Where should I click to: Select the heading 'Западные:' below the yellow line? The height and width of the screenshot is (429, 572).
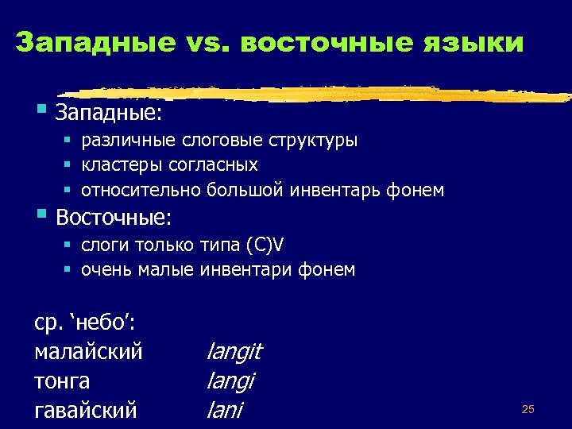(x=109, y=113)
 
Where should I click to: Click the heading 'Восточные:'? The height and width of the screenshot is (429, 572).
(x=114, y=216)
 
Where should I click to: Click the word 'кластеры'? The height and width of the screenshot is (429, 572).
(x=117, y=165)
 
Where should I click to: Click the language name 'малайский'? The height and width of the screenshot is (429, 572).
(x=89, y=352)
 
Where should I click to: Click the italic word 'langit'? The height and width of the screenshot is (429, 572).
(x=234, y=352)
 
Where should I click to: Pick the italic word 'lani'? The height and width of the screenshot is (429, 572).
(x=224, y=411)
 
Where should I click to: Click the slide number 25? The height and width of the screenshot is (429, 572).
(x=528, y=409)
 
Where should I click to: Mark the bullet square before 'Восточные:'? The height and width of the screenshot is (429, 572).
(x=41, y=214)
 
